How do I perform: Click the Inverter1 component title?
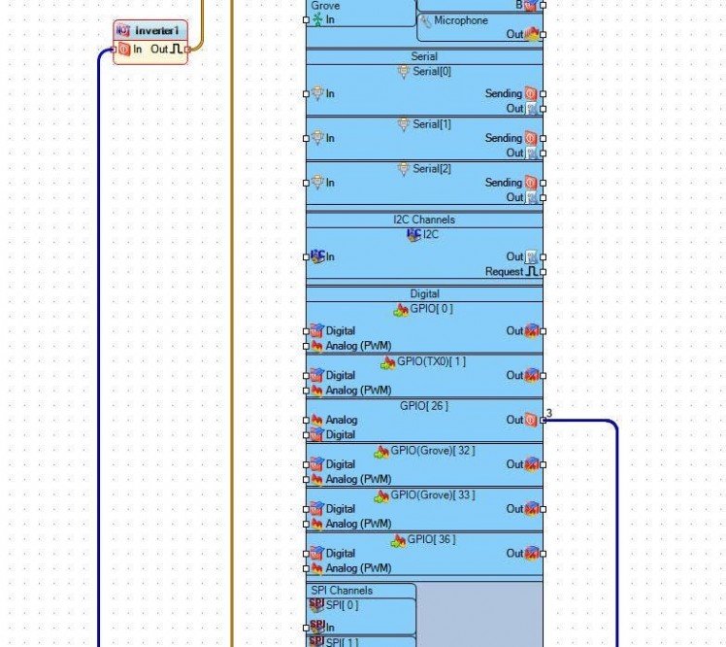click(156, 31)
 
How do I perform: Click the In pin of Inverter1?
click(137, 50)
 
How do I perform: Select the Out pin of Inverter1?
click(160, 50)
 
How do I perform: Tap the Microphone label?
click(461, 20)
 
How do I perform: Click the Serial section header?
click(424, 56)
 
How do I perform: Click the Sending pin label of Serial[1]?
click(503, 138)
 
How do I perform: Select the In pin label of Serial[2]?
click(330, 183)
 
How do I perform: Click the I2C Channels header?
click(424, 220)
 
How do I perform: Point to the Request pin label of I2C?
click(504, 272)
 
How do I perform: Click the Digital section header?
click(424, 293)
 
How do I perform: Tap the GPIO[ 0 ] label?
click(431, 309)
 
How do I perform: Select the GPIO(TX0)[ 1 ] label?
click(431, 361)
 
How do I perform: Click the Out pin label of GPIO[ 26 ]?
click(514, 420)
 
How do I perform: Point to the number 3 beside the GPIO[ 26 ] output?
click(549, 414)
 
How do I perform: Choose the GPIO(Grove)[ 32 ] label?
click(433, 451)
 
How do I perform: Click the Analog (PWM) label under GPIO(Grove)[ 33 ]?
click(358, 524)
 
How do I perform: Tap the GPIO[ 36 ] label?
click(431, 539)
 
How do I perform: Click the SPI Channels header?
click(342, 591)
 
